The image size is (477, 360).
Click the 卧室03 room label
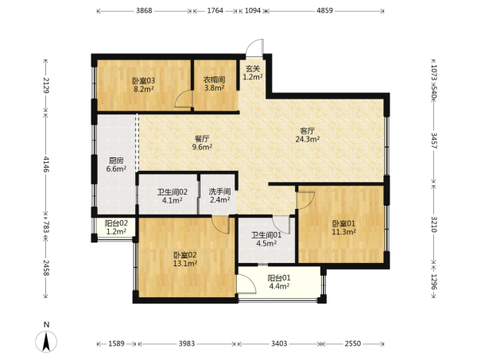pyautogui.click(x=144, y=85)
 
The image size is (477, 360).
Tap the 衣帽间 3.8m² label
pyautogui.click(x=214, y=84)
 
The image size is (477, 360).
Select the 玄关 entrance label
pyautogui.click(x=253, y=73)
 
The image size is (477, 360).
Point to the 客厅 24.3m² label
pyautogui.click(x=307, y=135)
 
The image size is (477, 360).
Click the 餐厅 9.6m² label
pyautogui.click(x=202, y=143)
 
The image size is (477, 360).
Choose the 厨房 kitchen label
pyautogui.click(x=116, y=165)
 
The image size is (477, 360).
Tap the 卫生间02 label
pyautogui.click(x=173, y=196)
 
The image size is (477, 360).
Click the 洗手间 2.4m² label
pyautogui.click(x=219, y=195)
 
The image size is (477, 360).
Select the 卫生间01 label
pyautogui.click(x=266, y=239)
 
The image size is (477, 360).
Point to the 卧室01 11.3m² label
pyautogui.click(x=343, y=228)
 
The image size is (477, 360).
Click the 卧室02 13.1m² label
pyautogui.click(x=185, y=259)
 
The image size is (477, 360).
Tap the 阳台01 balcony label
pyautogui.click(x=279, y=282)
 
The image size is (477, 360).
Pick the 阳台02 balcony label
pyautogui.click(x=116, y=227)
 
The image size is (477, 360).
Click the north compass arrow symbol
pyautogui.click(x=46, y=342)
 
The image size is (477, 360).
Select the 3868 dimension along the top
pyautogui.click(x=144, y=10)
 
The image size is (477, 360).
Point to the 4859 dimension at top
pyautogui.click(x=325, y=10)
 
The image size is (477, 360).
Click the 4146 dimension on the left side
pyautogui.click(x=46, y=165)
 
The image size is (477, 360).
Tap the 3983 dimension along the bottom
pyautogui.click(x=187, y=343)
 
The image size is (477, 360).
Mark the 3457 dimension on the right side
pyautogui.click(x=434, y=141)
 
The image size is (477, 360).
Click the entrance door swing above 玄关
pyautogui.click(x=255, y=47)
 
